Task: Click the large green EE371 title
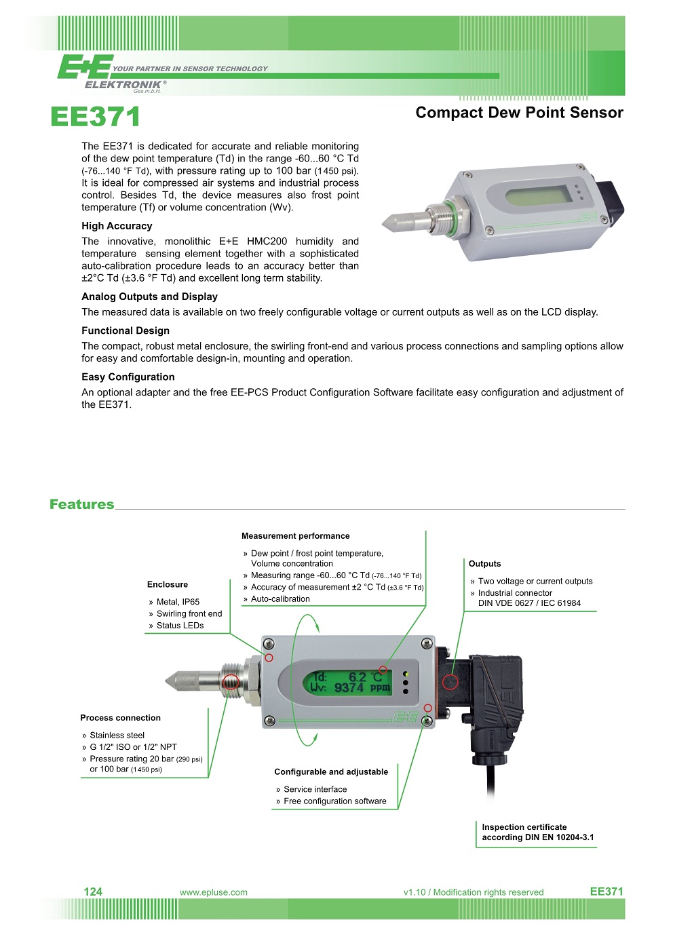95,117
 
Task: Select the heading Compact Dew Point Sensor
519,113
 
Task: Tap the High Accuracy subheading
117,226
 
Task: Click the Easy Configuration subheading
128,377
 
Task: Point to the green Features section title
81,504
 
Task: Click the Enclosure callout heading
167,584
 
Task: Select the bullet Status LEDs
180,626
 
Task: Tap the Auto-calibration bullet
280,599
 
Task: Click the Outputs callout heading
484,564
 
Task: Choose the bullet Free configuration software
334,801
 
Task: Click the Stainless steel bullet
117,736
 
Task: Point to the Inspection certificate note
537,833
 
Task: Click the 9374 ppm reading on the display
361,688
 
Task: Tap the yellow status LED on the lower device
406,674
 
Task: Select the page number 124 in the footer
93,892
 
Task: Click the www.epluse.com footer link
213,892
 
